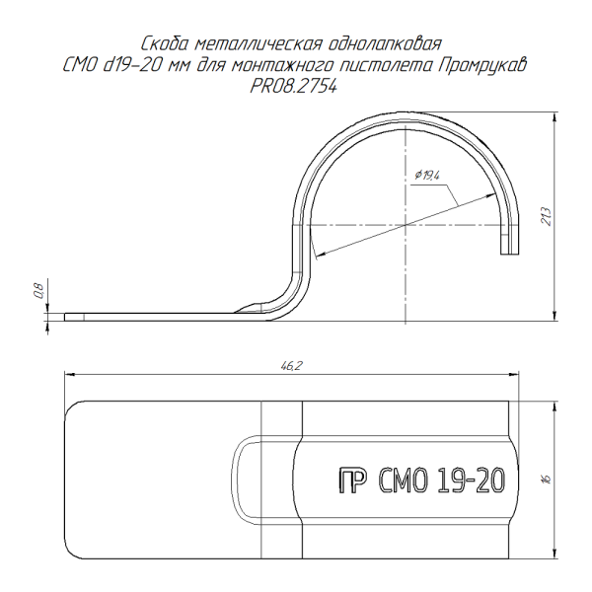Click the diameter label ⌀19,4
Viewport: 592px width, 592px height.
pyautogui.click(x=427, y=176)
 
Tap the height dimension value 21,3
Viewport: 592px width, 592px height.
pyautogui.click(x=547, y=217)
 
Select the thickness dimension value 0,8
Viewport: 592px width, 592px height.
pyautogui.click(x=39, y=290)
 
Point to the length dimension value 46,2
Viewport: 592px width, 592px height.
pyautogui.click(x=292, y=365)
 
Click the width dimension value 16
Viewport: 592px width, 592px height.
pyautogui.click(x=547, y=479)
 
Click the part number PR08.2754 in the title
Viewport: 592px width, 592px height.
pyautogui.click(x=294, y=87)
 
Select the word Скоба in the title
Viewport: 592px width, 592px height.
pyautogui.click(x=165, y=43)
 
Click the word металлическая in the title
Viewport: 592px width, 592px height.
pyautogui.click(x=259, y=43)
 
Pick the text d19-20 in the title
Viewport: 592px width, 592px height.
pyautogui.click(x=133, y=66)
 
